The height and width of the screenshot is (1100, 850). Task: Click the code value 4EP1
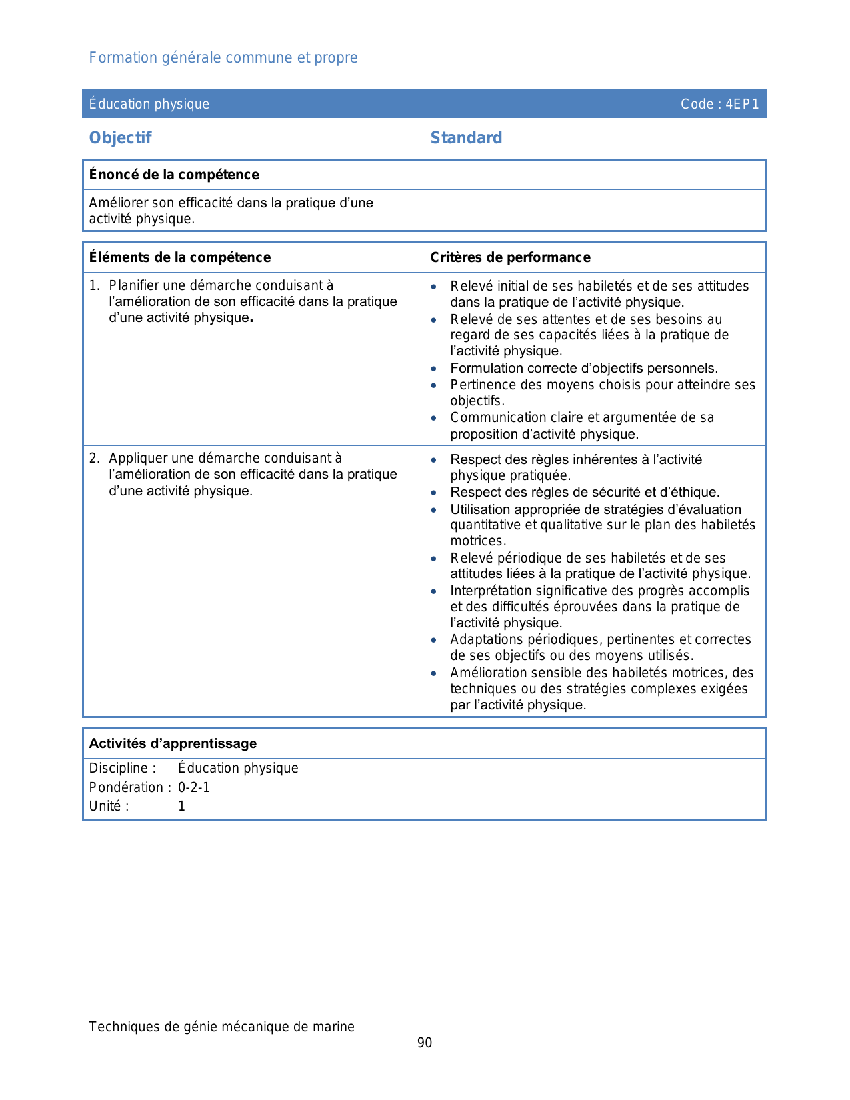[x=742, y=104]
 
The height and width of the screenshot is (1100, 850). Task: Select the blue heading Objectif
[x=120, y=138]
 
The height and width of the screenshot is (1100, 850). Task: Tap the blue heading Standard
[x=466, y=138]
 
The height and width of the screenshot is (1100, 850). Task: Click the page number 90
[x=425, y=1043]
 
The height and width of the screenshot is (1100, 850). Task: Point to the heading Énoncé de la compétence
[x=174, y=175]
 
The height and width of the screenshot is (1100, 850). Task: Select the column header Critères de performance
[x=510, y=257]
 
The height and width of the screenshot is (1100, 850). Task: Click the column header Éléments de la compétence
[x=180, y=257]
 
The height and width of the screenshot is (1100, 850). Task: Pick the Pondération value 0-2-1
[x=194, y=787]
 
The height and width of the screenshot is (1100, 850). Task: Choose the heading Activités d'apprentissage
[x=173, y=743]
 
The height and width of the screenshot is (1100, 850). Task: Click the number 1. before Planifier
[x=95, y=286]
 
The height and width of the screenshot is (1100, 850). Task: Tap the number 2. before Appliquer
[x=95, y=459]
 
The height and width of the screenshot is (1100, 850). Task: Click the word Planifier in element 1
[x=134, y=286]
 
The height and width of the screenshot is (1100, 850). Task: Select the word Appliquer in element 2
[x=138, y=459]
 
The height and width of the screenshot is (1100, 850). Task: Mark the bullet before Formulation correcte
[x=434, y=369]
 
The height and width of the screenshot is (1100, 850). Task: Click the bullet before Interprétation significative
[x=434, y=591]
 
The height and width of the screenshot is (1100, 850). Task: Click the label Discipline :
[x=123, y=769]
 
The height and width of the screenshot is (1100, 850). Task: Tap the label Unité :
[x=109, y=806]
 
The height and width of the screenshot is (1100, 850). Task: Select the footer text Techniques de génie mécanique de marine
[x=221, y=1027]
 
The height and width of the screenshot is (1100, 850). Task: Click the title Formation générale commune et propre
[x=223, y=58]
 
